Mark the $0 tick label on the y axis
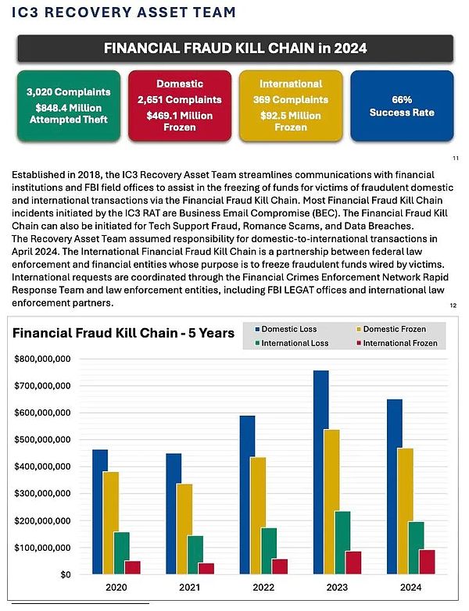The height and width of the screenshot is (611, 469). pyautogui.click(x=65, y=574)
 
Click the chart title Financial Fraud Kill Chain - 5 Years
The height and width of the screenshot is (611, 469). pyautogui.click(x=124, y=333)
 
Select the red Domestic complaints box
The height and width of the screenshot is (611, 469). pyautogui.click(x=180, y=106)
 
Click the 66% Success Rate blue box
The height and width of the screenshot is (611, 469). pyautogui.click(x=402, y=106)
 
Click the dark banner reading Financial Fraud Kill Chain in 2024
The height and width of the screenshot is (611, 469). pyautogui.click(x=235, y=48)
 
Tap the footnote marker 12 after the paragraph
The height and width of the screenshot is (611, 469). pyautogui.click(x=454, y=305)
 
